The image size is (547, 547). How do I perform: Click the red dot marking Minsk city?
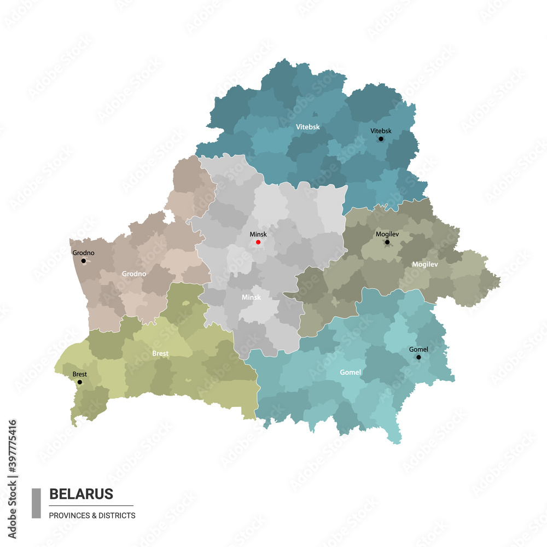coord(258,242)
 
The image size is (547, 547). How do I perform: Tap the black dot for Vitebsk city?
coord(381,139)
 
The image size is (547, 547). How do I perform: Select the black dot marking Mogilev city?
coord(387,242)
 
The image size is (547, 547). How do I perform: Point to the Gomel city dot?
coord(418,357)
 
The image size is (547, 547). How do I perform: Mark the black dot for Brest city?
coord(80,382)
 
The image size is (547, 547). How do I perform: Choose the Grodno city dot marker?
coord(84,261)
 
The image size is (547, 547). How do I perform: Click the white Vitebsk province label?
coord(308,127)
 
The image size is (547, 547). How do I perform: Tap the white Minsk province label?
coord(251,298)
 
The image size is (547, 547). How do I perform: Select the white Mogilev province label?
coord(425,264)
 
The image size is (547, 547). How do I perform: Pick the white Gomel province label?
coord(350,373)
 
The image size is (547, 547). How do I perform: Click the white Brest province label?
coord(160,353)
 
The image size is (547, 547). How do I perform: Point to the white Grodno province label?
coord(134,273)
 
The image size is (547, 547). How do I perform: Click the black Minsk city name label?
coord(258,234)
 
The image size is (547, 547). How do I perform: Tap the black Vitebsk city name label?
coord(381,131)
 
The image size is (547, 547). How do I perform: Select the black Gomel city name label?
coord(418,349)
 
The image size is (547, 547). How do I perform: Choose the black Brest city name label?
coord(79,374)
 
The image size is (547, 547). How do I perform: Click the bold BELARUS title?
coord(81,494)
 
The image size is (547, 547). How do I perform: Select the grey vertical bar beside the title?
coord(36,503)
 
